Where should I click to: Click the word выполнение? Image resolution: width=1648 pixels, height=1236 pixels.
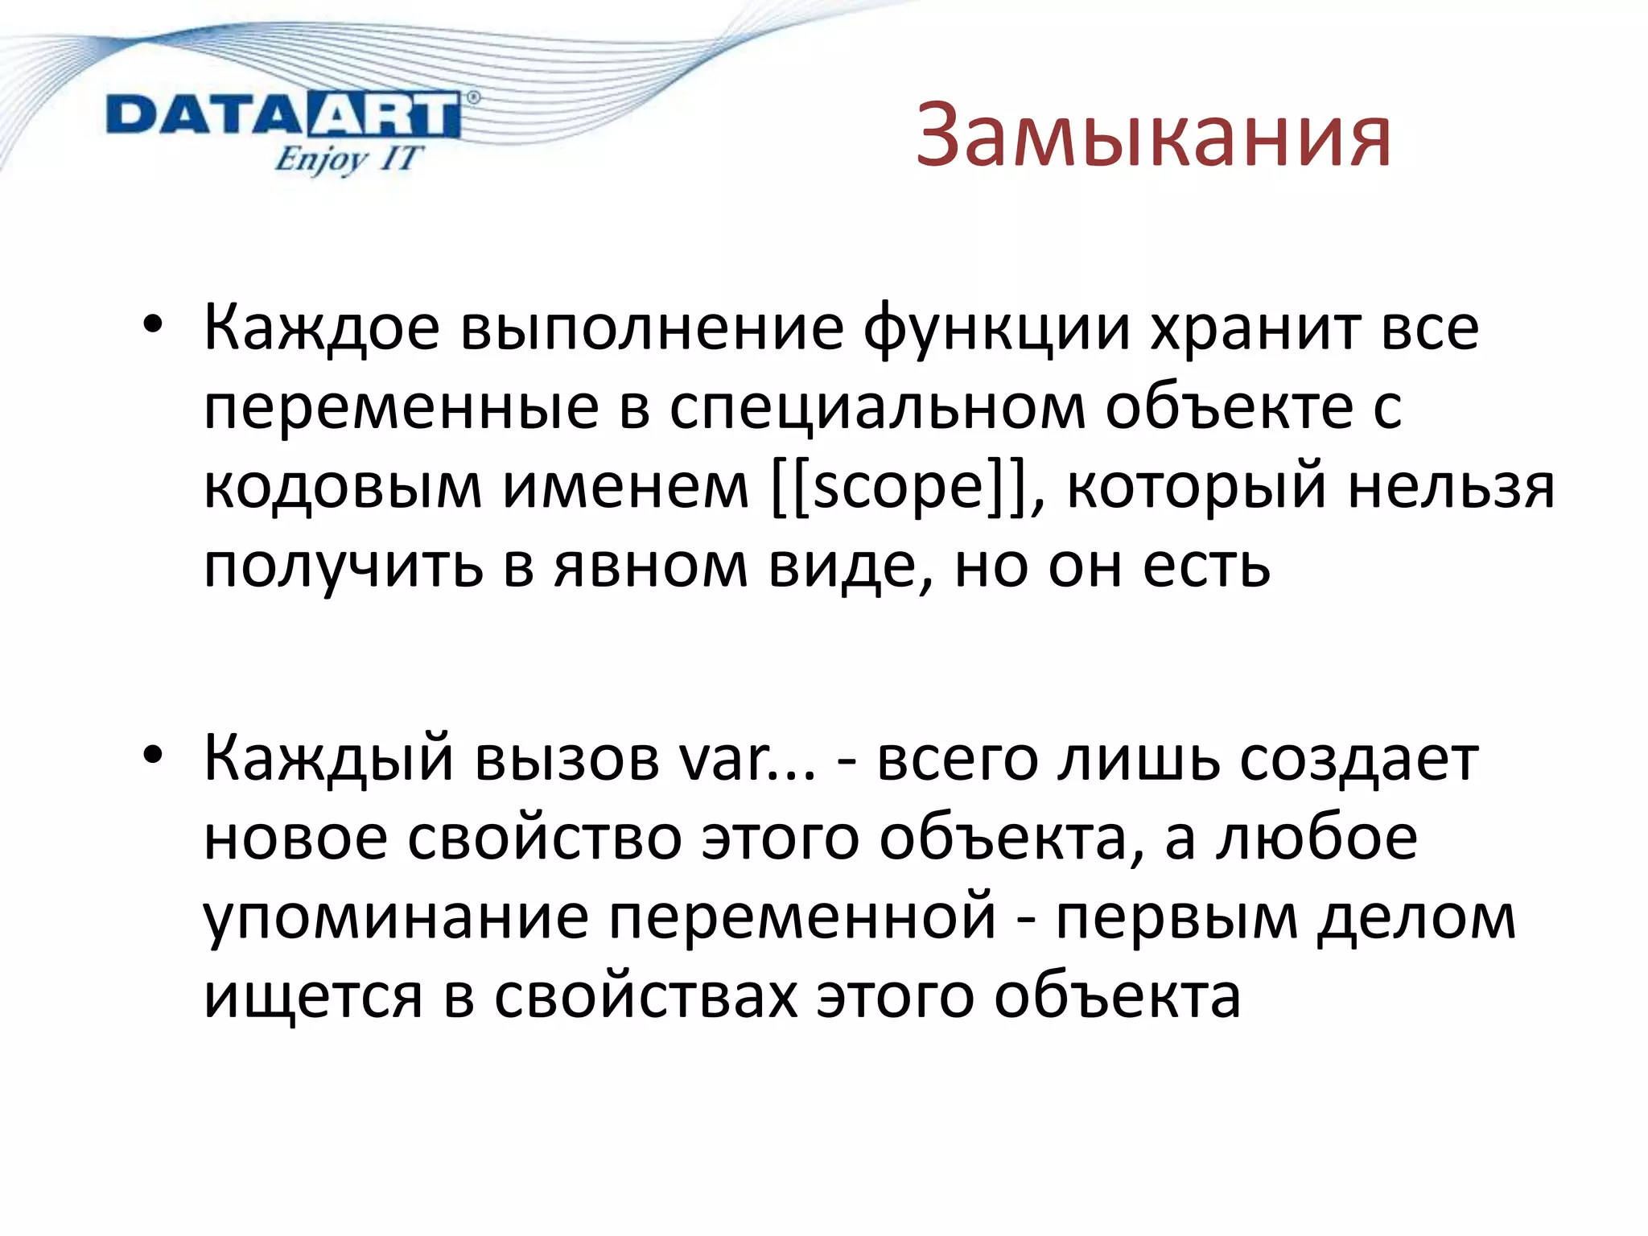pyautogui.click(x=652, y=328)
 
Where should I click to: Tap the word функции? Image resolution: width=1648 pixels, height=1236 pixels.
pyautogui.click(x=997, y=328)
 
